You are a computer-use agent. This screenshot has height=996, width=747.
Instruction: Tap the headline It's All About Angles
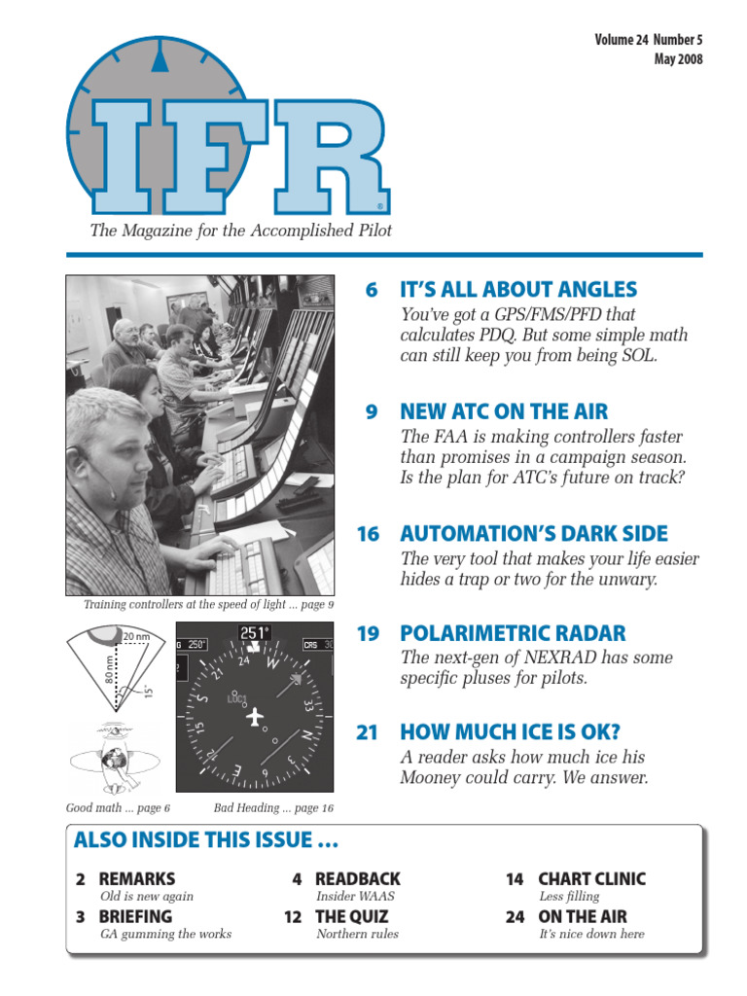518,290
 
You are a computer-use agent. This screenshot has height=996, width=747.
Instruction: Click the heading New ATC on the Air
504,411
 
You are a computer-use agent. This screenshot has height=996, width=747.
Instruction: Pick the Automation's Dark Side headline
534,533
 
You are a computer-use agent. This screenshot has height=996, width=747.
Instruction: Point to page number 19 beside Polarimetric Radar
367,634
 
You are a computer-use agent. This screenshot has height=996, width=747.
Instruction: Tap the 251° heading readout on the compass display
255,633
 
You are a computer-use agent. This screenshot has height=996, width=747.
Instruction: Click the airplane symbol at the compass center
256,717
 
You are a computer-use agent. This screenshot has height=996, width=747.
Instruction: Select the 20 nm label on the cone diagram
136,637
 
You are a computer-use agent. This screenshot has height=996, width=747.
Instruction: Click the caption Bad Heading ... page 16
273,808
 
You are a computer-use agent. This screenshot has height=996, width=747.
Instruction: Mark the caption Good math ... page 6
118,808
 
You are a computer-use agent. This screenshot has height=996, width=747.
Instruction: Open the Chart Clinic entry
591,879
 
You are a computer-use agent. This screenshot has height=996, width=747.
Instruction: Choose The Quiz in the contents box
351,916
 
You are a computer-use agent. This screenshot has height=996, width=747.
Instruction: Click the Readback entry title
357,879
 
